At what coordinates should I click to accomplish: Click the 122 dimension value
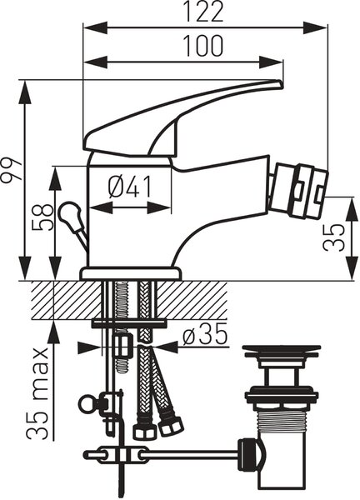pyautogui.click(x=204, y=12)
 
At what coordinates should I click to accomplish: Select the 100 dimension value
pyautogui.click(x=204, y=46)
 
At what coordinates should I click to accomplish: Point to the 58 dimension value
pyautogui.click(x=42, y=217)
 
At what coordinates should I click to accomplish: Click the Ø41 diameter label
pyautogui.click(x=129, y=186)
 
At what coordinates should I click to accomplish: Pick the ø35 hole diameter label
pyautogui.click(x=205, y=334)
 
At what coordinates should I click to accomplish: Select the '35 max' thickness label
pyautogui.click(x=37, y=393)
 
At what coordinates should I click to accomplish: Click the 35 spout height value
pyautogui.click(x=334, y=237)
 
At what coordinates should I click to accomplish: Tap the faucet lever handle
pyautogui.click(x=182, y=118)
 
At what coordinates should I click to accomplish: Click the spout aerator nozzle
pyautogui.click(x=298, y=191)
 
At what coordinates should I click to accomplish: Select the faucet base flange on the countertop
pyautogui.click(x=130, y=273)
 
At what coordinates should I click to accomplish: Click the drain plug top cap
pyautogui.click(x=282, y=352)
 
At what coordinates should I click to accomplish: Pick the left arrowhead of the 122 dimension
pyautogui.click(x=95, y=27)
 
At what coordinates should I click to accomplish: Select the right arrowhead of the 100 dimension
pyautogui.click(x=271, y=62)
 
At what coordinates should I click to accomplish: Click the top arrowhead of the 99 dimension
pyautogui.click(x=25, y=92)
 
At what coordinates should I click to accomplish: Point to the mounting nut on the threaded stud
pyautogui.click(x=122, y=346)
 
